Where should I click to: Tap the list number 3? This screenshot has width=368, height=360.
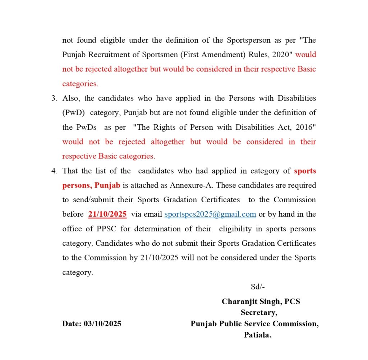tap(54, 98)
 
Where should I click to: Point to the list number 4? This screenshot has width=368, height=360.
tap(54, 171)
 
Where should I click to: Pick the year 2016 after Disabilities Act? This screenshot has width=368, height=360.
tap(304, 127)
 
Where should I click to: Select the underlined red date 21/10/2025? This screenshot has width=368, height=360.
tap(107, 214)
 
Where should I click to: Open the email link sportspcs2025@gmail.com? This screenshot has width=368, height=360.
tap(210, 214)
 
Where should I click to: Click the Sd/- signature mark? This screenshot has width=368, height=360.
tap(258, 287)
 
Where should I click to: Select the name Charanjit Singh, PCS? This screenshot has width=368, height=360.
tap(261, 301)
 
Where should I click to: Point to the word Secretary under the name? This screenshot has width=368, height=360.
tap(258, 313)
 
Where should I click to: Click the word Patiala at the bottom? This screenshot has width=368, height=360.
tap(257, 335)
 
